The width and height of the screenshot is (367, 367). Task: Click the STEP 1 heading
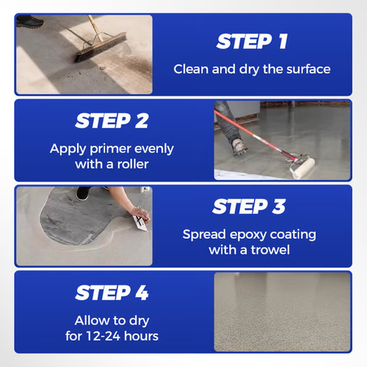coord(252,42)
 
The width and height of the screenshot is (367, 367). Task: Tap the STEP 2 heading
coord(112,120)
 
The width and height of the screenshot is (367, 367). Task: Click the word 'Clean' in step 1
coord(192,70)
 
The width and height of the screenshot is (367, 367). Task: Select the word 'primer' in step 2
coord(120,148)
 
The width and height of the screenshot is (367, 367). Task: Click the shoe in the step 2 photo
coord(239,144)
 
